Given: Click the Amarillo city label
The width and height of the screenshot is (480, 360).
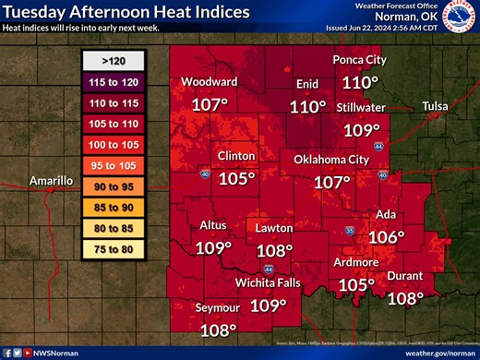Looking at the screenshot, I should (51, 180).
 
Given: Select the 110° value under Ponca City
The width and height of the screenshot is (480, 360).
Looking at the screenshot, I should (361, 83).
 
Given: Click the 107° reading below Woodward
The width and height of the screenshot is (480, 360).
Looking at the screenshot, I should (210, 104).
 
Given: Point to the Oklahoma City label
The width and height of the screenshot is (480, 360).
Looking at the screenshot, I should (331, 160).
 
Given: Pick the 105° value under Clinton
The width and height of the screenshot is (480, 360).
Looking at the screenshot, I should (236, 178).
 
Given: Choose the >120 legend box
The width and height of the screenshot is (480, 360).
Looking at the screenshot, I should (111, 62).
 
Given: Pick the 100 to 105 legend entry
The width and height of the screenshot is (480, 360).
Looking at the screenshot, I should (111, 145).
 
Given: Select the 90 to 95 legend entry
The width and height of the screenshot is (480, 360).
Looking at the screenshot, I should (111, 186).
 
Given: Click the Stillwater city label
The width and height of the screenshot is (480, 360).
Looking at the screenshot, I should (361, 108).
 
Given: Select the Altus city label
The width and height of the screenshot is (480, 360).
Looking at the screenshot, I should (213, 224).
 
